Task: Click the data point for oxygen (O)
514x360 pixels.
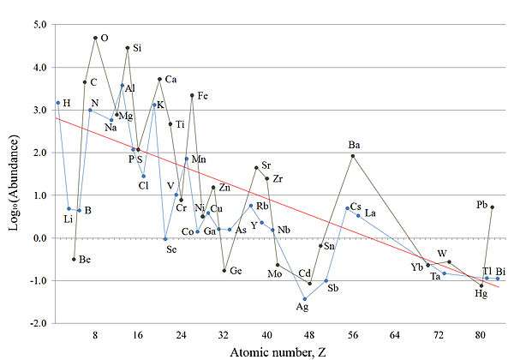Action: tap(95, 38)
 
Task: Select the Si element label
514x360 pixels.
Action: tap(137, 48)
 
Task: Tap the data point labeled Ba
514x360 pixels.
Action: tap(353, 155)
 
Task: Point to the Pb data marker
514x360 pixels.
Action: tap(492, 207)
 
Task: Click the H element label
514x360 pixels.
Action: tap(67, 103)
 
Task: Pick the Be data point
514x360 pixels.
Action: tap(74, 259)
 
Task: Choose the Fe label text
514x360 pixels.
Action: tap(202, 95)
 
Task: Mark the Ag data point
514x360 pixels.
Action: tap(304, 298)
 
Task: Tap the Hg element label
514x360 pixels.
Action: tap(481, 293)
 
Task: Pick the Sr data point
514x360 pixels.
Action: tap(256, 167)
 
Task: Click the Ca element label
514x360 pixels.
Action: tap(170, 80)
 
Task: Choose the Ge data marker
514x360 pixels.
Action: tap(224, 270)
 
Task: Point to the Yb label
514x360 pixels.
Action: tap(417, 267)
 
